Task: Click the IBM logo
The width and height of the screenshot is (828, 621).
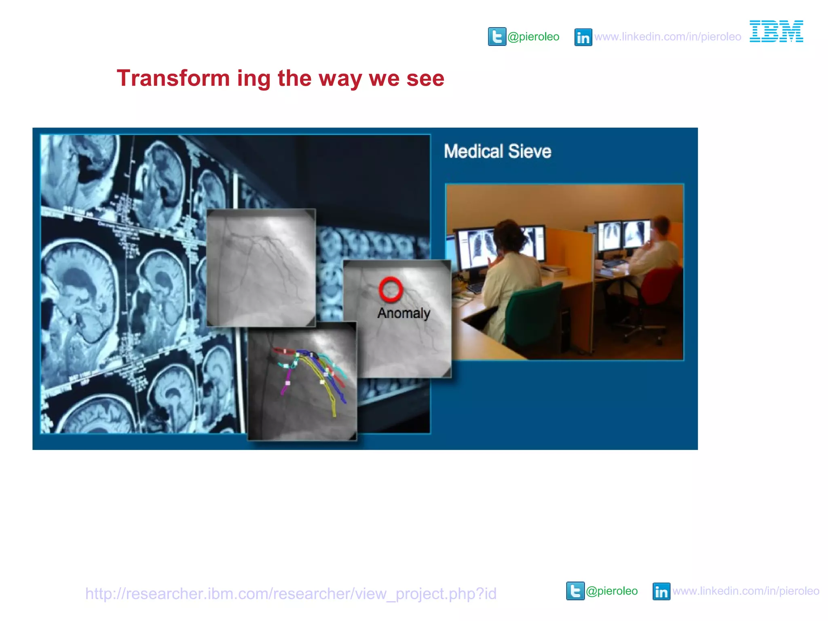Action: [776, 31]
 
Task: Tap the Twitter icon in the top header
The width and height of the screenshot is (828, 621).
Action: [496, 37]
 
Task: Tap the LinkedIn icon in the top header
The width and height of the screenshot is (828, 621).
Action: [583, 37]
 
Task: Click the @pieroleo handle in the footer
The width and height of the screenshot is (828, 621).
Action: [611, 591]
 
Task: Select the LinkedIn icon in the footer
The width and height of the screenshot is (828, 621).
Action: [661, 591]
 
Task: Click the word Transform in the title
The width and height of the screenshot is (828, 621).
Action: [173, 78]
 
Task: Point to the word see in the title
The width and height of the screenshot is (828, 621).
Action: [425, 78]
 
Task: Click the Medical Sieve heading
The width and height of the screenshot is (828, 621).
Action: [497, 152]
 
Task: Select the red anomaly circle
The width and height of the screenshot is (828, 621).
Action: [391, 289]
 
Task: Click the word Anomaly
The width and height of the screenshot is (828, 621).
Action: [403, 313]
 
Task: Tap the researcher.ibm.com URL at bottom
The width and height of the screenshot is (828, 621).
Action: [290, 594]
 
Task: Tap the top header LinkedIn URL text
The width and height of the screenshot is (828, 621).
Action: [667, 37]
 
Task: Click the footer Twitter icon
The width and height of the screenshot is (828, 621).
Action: [575, 591]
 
